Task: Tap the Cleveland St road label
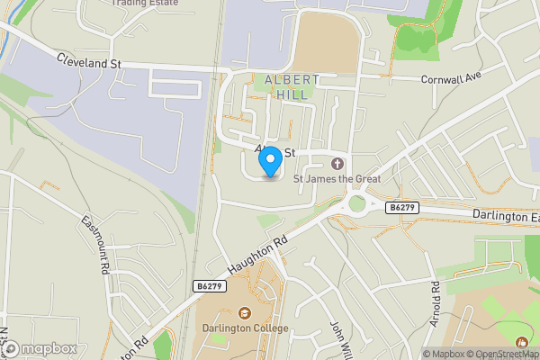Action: coord(88,61)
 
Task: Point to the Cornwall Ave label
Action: coord(452,77)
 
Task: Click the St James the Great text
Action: coord(344,179)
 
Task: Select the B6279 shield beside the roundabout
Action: coord(401,207)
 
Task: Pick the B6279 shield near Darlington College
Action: coord(208,285)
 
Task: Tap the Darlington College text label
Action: coord(246,328)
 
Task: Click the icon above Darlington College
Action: coord(244,312)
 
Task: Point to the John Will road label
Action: coord(338,337)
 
